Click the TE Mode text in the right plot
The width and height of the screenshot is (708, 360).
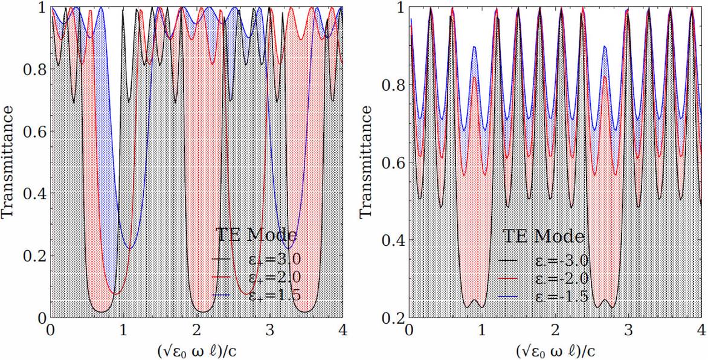click(544, 235)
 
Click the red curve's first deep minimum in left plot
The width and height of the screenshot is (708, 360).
click(115, 294)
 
